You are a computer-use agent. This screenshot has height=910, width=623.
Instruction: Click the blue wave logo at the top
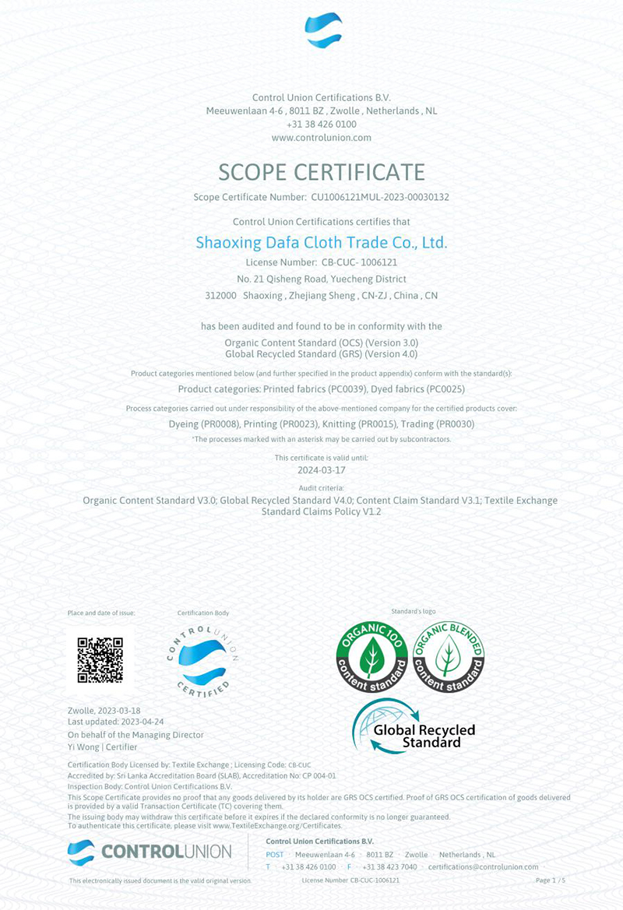pos(323,30)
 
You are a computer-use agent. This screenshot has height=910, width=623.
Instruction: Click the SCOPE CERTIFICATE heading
pos(322,171)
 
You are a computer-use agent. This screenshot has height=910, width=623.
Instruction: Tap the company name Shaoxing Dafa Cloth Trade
pos(321,243)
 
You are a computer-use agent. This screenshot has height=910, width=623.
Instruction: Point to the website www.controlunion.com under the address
pos(322,138)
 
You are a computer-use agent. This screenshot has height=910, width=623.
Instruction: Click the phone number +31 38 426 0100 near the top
pos(322,125)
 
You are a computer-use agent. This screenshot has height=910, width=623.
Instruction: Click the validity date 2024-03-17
pos(321,470)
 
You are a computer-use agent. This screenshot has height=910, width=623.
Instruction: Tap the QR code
pos(100,660)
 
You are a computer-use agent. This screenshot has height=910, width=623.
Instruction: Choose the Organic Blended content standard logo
pos(448,659)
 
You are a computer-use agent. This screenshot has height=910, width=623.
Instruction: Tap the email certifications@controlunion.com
pos(483,866)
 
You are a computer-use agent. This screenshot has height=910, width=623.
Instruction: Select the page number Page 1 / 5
pos(551,880)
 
